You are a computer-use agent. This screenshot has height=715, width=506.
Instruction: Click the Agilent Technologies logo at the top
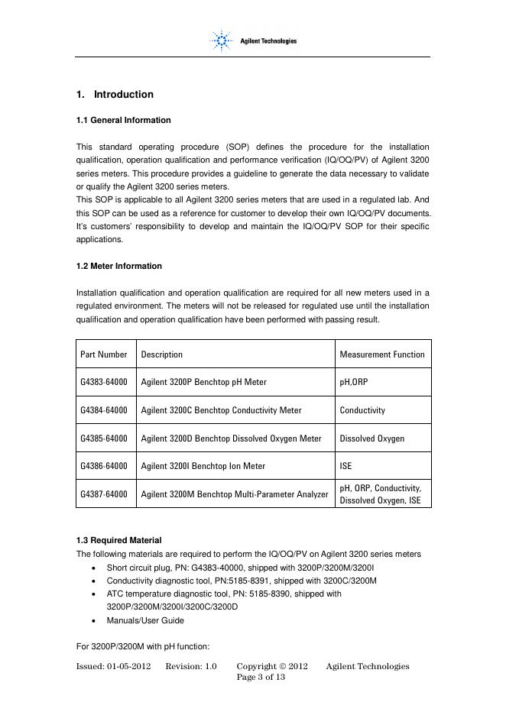tap(252, 40)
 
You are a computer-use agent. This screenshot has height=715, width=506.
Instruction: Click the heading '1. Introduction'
tap(115, 95)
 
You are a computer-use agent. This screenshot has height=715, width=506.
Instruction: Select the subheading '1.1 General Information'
tap(123, 120)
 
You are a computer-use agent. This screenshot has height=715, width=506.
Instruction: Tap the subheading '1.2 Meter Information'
tap(119, 266)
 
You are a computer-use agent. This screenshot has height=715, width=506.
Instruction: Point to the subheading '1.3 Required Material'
tap(118, 540)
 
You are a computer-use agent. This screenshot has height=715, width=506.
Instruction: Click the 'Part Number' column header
tap(104, 354)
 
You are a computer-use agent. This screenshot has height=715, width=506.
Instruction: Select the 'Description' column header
tap(162, 354)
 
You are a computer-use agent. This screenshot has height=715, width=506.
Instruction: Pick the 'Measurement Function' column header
tap(382, 354)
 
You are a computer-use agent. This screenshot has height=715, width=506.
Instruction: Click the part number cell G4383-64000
tap(104, 382)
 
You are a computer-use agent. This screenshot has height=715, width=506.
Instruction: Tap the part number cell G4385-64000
tap(104, 438)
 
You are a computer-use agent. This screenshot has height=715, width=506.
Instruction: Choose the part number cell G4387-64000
tap(104, 494)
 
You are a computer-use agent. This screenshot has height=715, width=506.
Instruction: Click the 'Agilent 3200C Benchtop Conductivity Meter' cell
tap(221, 410)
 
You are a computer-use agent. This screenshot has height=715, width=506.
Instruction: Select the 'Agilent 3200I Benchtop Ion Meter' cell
tap(198, 466)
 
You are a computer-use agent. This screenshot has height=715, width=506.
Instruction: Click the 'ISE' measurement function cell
tap(346, 466)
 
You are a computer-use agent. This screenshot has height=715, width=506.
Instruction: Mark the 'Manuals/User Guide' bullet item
tap(145, 620)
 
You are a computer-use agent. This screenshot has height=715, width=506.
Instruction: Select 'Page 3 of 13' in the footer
tap(261, 678)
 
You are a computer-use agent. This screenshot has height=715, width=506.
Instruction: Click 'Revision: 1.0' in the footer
tap(191, 667)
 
